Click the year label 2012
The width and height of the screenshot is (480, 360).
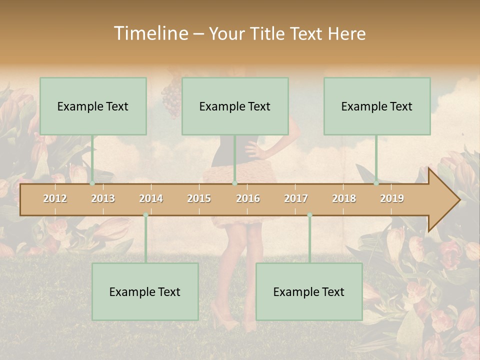55,198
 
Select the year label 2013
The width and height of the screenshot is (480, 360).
103,198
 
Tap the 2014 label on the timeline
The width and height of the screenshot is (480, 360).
151,198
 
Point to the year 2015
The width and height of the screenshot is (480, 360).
199,198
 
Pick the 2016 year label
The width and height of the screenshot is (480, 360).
248,198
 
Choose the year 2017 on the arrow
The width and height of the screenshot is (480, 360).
296,198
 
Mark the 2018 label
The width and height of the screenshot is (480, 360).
344,198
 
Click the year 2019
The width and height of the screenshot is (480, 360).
392,198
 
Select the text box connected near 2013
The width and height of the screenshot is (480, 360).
93,106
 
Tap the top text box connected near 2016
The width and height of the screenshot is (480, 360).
235,106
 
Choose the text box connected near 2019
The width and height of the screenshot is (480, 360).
377,106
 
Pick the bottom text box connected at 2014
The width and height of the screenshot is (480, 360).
145,291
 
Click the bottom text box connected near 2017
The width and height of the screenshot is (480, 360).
309,291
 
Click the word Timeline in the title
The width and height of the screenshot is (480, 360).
150,33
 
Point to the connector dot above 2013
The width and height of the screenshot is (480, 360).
92,183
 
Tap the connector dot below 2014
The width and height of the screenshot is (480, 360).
145,215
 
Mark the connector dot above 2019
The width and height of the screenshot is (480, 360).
376,183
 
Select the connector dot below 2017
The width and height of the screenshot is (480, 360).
309,215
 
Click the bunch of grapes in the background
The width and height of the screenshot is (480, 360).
171,97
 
